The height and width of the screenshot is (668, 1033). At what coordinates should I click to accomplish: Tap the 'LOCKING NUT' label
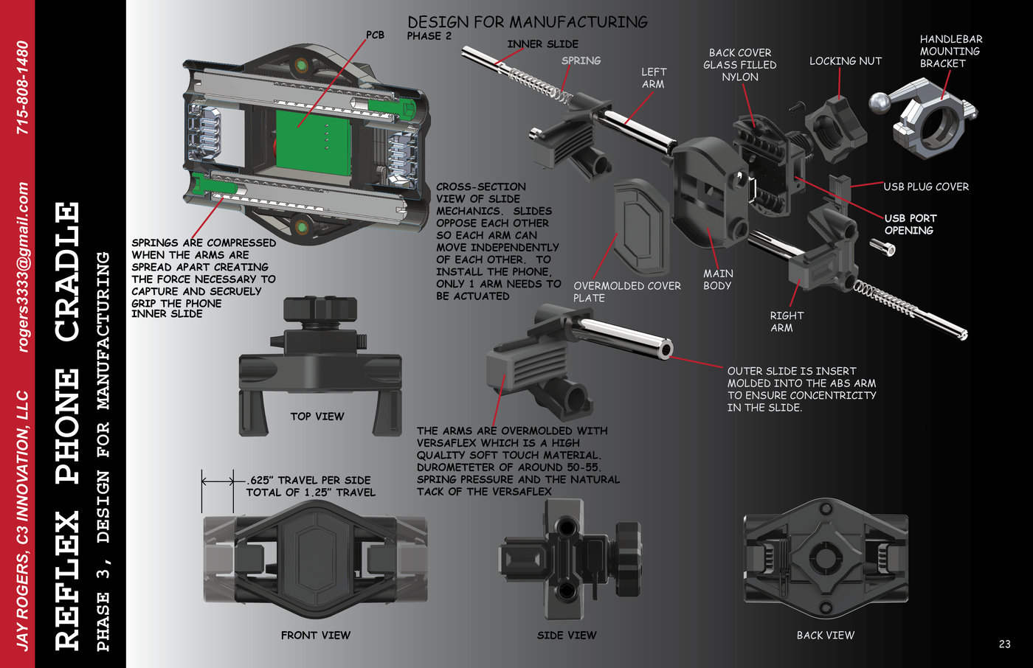point(846,61)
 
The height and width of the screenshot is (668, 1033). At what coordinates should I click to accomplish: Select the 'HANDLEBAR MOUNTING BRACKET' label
point(951,51)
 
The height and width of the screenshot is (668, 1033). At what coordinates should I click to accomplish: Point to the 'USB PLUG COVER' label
point(926,187)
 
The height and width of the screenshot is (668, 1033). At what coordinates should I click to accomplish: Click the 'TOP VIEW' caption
point(317,417)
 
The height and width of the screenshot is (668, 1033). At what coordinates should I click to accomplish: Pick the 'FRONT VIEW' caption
point(316,636)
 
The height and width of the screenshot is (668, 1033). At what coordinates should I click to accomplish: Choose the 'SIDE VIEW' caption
point(567,636)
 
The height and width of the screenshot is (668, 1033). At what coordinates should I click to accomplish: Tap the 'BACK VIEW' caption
point(826,636)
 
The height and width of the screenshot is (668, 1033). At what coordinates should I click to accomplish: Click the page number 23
point(1005,644)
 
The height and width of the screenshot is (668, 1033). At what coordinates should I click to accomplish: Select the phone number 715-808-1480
point(23,88)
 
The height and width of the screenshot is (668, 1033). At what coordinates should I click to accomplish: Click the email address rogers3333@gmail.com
point(23,267)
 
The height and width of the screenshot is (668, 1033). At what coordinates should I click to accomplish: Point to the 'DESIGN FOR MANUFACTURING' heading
point(528,22)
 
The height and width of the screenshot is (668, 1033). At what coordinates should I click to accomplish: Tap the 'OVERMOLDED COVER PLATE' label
point(627,292)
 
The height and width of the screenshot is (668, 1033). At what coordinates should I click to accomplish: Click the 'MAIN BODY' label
point(718,279)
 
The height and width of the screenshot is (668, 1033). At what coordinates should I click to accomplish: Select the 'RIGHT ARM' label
point(787,321)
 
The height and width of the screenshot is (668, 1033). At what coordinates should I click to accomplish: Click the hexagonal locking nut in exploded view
point(835,130)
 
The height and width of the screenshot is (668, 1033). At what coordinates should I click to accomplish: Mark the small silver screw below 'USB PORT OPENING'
point(882,248)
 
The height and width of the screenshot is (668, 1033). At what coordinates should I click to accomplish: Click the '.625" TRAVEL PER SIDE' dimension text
point(309,480)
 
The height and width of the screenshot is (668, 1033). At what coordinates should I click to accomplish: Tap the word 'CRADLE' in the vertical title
point(68,272)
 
